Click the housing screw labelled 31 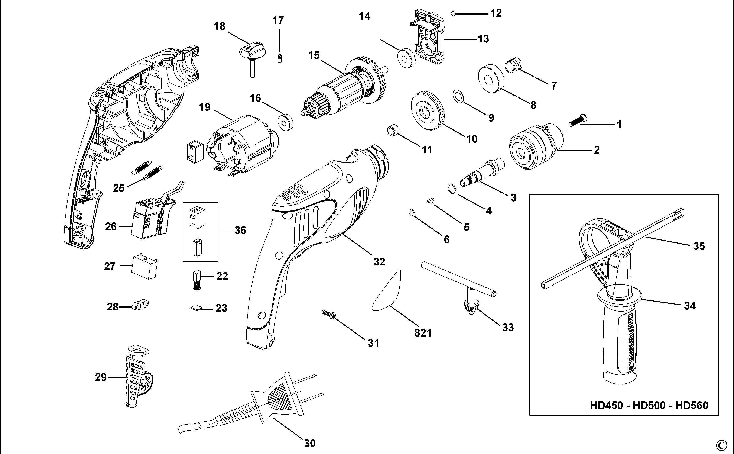pos(328,314)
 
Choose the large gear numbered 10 pos(427,110)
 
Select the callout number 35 pos(699,246)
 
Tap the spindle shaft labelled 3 pos(482,174)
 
